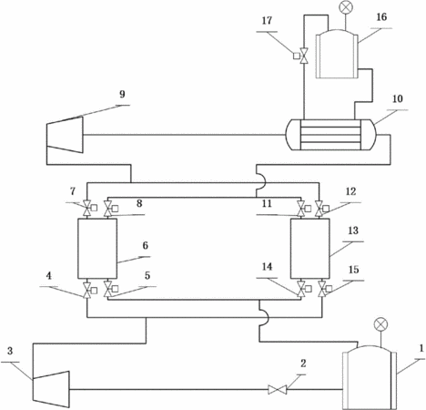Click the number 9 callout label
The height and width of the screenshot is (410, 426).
[x=122, y=94]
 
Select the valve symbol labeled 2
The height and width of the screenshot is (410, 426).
[x=278, y=390]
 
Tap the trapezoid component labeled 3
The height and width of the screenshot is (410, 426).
[x=51, y=389]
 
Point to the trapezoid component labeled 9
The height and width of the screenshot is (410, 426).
[x=65, y=135]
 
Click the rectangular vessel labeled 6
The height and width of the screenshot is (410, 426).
[x=97, y=249]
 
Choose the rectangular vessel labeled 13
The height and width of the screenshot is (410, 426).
[x=310, y=249]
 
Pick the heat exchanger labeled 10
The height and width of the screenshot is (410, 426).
[x=330, y=135]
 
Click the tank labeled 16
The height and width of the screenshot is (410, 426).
[x=337, y=54]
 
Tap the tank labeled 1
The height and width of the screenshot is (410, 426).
[x=370, y=378]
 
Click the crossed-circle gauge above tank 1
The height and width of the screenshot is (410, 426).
[x=380, y=324]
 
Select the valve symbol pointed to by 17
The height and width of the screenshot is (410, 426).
[x=303, y=56]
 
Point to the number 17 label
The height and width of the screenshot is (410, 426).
[x=267, y=21]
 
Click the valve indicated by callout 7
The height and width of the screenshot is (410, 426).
[x=87, y=208]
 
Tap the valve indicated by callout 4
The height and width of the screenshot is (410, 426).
[x=87, y=290]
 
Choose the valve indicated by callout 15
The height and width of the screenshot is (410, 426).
[x=322, y=289]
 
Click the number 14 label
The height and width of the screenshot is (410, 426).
[x=267, y=267]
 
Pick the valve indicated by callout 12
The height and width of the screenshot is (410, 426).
[x=319, y=209]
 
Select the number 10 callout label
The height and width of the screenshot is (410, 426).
[x=398, y=98]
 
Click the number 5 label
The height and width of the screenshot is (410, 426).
[x=147, y=275]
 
